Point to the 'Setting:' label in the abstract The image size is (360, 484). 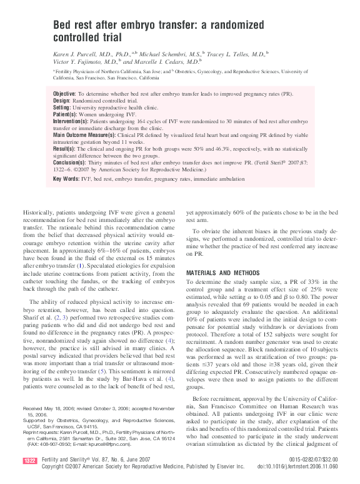pyautogui.click(x=62, y=107)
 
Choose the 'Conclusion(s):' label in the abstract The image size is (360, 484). pyautogui.click(x=70, y=162)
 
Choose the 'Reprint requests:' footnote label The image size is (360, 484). pyautogui.click(x=43, y=431)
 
